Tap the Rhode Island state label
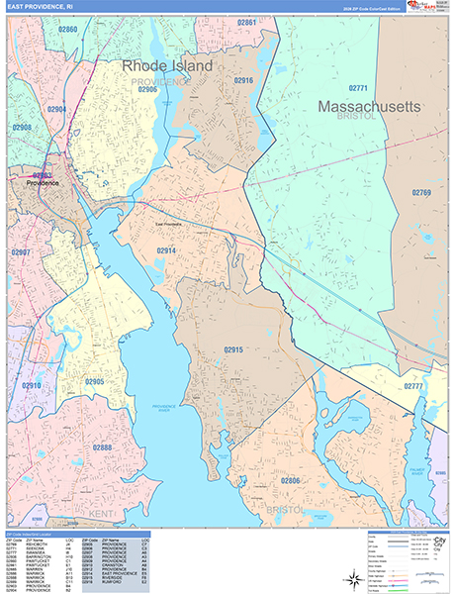click(x=167, y=65)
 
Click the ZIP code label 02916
click(x=244, y=80)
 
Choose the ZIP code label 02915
click(x=233, y=349)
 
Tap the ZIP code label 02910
click(x=32, y=385)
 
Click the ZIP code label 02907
click(x=20, y=252)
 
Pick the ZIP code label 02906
click(x=147, y=89)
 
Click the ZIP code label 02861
click(x=247, y=22)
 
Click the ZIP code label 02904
click(x=57, y=109)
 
